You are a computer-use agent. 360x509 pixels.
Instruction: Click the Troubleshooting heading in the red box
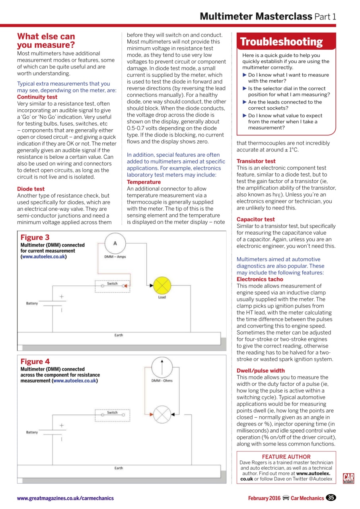pos(281,42)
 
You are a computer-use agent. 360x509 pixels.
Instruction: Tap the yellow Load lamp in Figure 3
pos(162,285)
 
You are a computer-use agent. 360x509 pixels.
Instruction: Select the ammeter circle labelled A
pos(115,243)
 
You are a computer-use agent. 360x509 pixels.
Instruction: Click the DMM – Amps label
pos(115,257)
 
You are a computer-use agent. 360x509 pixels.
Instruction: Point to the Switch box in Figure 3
pos(113,286)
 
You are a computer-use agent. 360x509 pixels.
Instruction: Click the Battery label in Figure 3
pos(32,303)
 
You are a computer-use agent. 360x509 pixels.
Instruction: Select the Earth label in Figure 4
pos(119,468)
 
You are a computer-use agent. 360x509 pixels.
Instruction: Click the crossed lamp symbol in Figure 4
pos(162,415)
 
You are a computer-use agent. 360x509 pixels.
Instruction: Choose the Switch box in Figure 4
pos(113,415)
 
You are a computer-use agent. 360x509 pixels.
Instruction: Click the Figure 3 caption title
pos(35,238)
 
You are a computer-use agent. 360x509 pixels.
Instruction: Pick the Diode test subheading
pos(31,189)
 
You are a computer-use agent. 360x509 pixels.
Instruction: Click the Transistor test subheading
pos(256,161)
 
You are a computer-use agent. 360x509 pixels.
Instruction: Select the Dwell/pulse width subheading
pos(261,371)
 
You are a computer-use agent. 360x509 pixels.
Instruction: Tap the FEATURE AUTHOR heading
pos(286,457)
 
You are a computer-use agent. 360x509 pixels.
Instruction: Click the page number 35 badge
pos(330,498)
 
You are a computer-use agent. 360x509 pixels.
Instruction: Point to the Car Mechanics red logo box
pos(348,478)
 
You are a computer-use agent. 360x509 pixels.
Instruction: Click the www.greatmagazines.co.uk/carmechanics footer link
pos(65,498)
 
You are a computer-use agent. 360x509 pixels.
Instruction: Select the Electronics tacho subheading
pos(260,279)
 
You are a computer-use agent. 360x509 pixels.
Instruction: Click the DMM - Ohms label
pos(162,381)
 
